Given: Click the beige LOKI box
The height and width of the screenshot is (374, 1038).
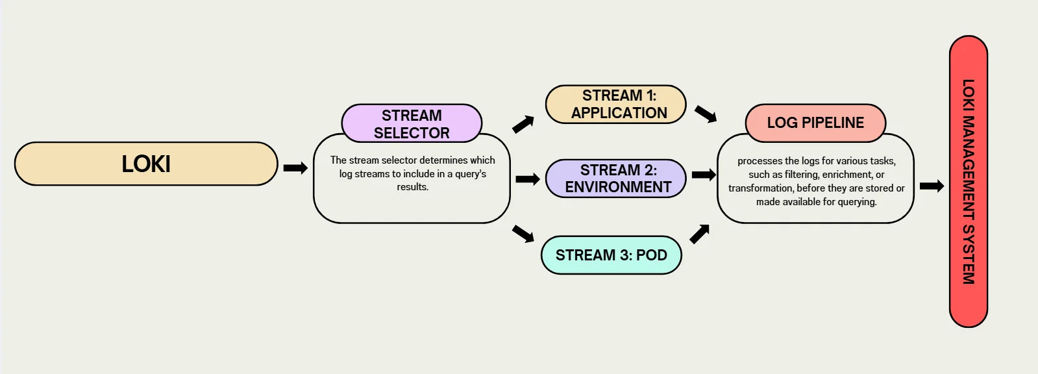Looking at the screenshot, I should (146, 164).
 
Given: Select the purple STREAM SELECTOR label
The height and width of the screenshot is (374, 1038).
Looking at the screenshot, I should (412, 123).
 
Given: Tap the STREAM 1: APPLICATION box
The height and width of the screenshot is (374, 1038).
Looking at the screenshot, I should (616, 104).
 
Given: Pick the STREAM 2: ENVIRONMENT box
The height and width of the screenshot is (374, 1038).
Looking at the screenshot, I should (616, 179).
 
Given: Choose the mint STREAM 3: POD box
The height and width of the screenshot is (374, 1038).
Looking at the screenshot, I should (611, 255).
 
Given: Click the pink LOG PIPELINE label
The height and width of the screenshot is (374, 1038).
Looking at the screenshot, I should (815, 123).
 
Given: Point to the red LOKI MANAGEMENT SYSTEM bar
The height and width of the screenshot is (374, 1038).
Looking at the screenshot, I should (968, 182).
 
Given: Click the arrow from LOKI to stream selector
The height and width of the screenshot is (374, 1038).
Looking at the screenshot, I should (295, 168).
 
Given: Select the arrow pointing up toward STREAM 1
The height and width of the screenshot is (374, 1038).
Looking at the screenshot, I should (523, 124).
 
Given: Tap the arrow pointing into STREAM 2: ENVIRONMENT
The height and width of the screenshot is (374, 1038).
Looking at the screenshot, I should (527, 179).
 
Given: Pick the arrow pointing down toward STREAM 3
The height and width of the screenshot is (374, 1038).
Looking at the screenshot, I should (523, 233).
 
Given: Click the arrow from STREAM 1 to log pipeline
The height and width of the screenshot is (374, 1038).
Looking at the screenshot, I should (706, 114).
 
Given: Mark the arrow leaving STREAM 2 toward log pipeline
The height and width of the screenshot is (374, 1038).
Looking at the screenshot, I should (704, 175).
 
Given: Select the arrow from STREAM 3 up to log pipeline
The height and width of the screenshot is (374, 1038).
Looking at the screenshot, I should (699, 234).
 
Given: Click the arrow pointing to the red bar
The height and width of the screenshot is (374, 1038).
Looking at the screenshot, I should (932, 186).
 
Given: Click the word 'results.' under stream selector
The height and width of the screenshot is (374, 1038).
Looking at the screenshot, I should (413, 187).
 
